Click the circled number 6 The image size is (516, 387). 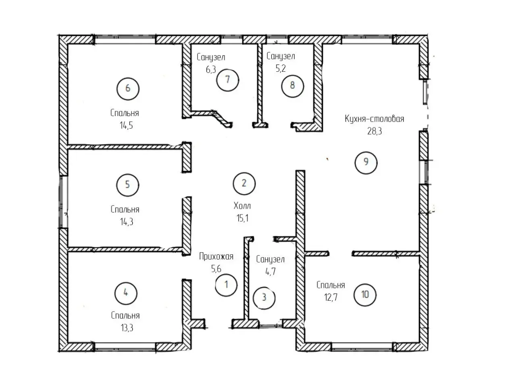click(x=128, y=89)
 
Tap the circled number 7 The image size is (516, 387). click(x=227, y=80)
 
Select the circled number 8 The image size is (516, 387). click(x=292, y=86)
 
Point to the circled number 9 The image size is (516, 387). click(x=366, y=162)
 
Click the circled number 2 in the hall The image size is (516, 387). click(x=244, y=183)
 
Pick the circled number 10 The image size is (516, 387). click(x=365, y=295)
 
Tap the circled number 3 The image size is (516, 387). click(x=264, y=298)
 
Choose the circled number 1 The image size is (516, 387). click(x=227, y=285)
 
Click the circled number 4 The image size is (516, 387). click(x=126, y=293)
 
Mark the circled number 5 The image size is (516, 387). click(x=128, y=185)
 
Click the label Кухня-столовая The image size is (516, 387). click(x=374, y=119)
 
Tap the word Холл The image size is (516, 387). click(x=242, y=206)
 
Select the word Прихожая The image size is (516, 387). click(x=216, y=256)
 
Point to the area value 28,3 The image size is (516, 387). click(x=375, y=131)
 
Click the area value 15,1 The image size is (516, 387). click(x=242, y=218)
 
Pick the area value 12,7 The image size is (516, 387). click(x=331, y=298)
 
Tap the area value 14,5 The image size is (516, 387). click(x=126, y=125)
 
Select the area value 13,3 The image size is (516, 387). click(x=127, y=328)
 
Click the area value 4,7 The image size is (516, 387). click(x=270, y=272)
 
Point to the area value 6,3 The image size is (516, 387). click(x=211, y=70)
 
